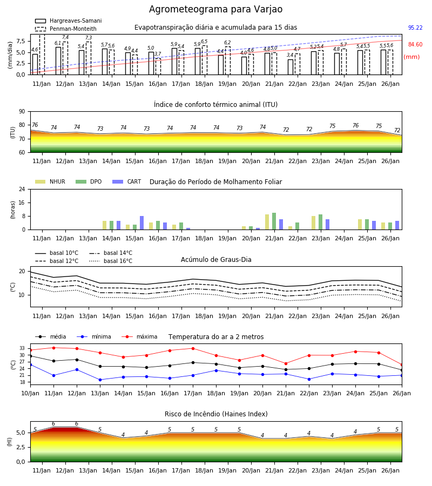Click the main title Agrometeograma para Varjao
tap(215, 9)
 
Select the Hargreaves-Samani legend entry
tap(68, 21)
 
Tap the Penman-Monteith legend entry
tap(66, 29)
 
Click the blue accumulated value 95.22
tap(415, 28)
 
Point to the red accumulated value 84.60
tap(415, 44)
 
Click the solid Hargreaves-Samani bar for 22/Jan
tap(291, 67)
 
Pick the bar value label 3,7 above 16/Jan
tap(158, 54)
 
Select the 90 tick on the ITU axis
tap(22, 112)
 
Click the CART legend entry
tap(126, 181)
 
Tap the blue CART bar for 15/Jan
tap(141, 223)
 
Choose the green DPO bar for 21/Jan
tap(274, 221)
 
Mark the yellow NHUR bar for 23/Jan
tap(314, 223)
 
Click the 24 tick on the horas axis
tap(22, 189)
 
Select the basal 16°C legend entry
tap(111, 261)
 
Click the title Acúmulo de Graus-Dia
tap(216, 259)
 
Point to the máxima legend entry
tap(139, 336)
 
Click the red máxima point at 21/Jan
tap(286, 363)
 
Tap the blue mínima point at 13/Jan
tap(100, 380)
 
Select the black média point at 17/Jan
tap(193, 362)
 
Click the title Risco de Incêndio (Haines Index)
tap(216, 414)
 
